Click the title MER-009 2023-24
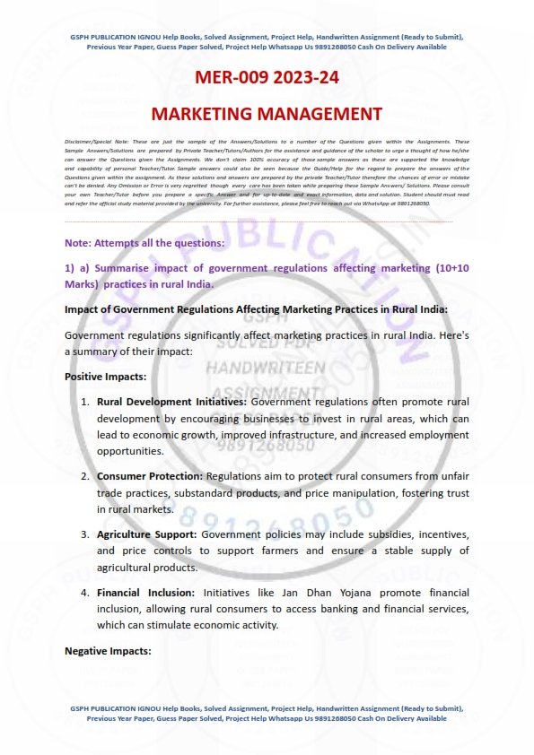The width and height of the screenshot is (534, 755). click(x=267, y=78)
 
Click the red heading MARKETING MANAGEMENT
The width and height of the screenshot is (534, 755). click(x=267, y=114)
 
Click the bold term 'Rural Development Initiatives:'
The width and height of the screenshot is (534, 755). click(x=160, y=402)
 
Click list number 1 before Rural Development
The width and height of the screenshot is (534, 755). click(x=85, y=402)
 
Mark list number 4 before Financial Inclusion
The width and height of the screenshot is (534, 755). click(x=85, y=593)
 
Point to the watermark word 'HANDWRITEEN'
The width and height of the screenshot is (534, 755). click(x=266, y=369)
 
